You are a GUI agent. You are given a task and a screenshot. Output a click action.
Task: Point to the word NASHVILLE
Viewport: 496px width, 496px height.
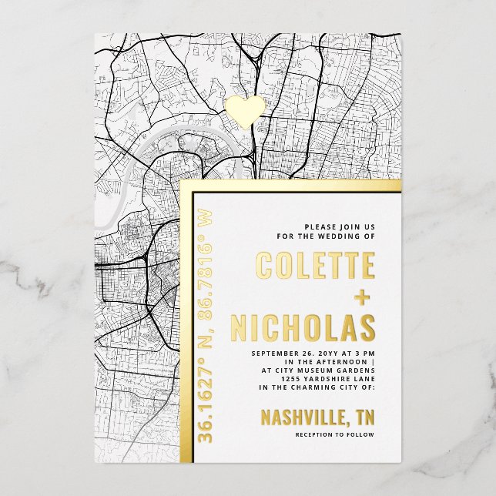tap(300, 418)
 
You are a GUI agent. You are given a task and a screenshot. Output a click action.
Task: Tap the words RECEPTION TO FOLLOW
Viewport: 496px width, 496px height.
tap(336, 435)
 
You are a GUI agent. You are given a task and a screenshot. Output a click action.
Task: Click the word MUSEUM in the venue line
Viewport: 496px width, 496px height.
tap(316, 370)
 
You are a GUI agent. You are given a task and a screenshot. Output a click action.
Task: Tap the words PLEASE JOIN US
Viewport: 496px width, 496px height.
tap(340, 226)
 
